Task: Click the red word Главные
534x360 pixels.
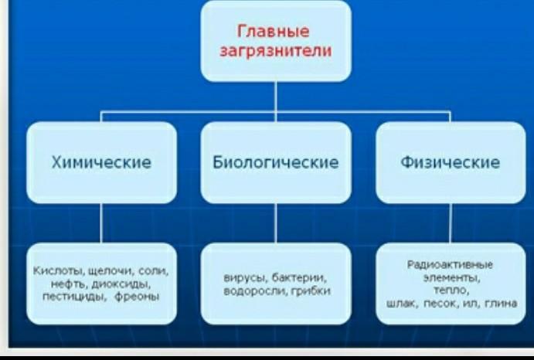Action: point(275,32)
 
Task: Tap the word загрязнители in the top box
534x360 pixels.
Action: point(276,53)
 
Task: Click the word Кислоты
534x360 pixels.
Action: point(54,272)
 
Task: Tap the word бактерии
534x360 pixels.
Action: point(303,277)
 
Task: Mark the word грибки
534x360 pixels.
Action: point(311,292)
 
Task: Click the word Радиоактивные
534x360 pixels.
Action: point(450,264)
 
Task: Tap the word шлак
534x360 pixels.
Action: point(399,304)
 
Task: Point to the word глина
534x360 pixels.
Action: point(500,304)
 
